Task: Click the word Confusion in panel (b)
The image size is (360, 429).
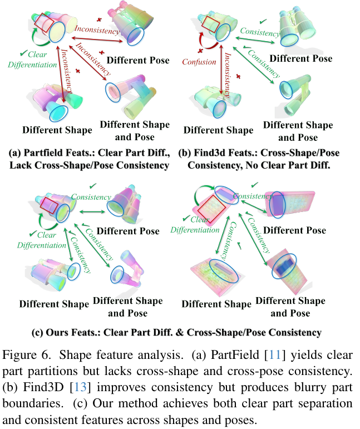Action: [199, 62]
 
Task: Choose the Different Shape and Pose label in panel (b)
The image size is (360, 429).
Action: [298, 131]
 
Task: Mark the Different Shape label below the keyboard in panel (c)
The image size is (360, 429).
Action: [216, 304]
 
